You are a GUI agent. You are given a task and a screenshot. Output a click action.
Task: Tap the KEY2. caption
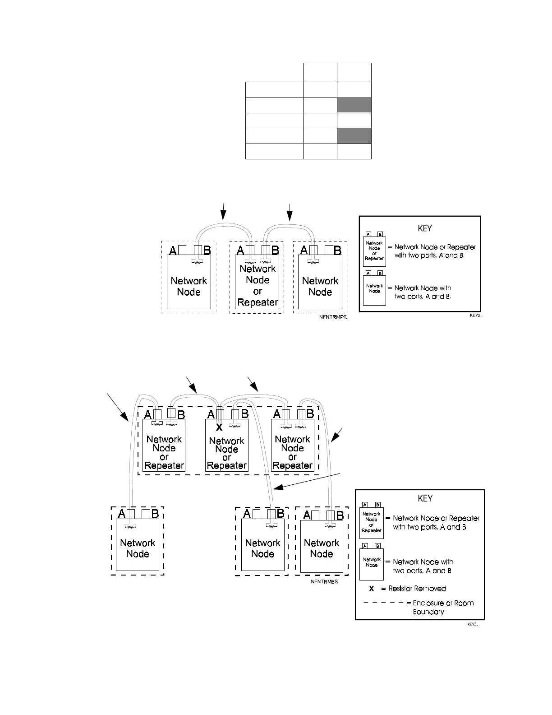point(475,316)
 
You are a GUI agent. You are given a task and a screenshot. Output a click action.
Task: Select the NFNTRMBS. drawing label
point(324,582)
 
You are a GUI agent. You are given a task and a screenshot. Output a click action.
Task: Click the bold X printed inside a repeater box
point(219,427)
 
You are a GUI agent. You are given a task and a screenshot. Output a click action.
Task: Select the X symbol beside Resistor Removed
point(371,589)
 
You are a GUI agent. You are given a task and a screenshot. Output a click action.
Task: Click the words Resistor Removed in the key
point(417,589)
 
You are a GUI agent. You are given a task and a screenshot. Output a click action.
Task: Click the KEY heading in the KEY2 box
point(425,228)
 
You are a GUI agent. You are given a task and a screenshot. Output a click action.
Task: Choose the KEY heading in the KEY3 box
point(425,498)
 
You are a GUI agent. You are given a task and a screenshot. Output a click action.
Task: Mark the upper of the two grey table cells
point(354,105)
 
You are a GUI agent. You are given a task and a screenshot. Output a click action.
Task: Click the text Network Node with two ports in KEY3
point(423,566)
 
